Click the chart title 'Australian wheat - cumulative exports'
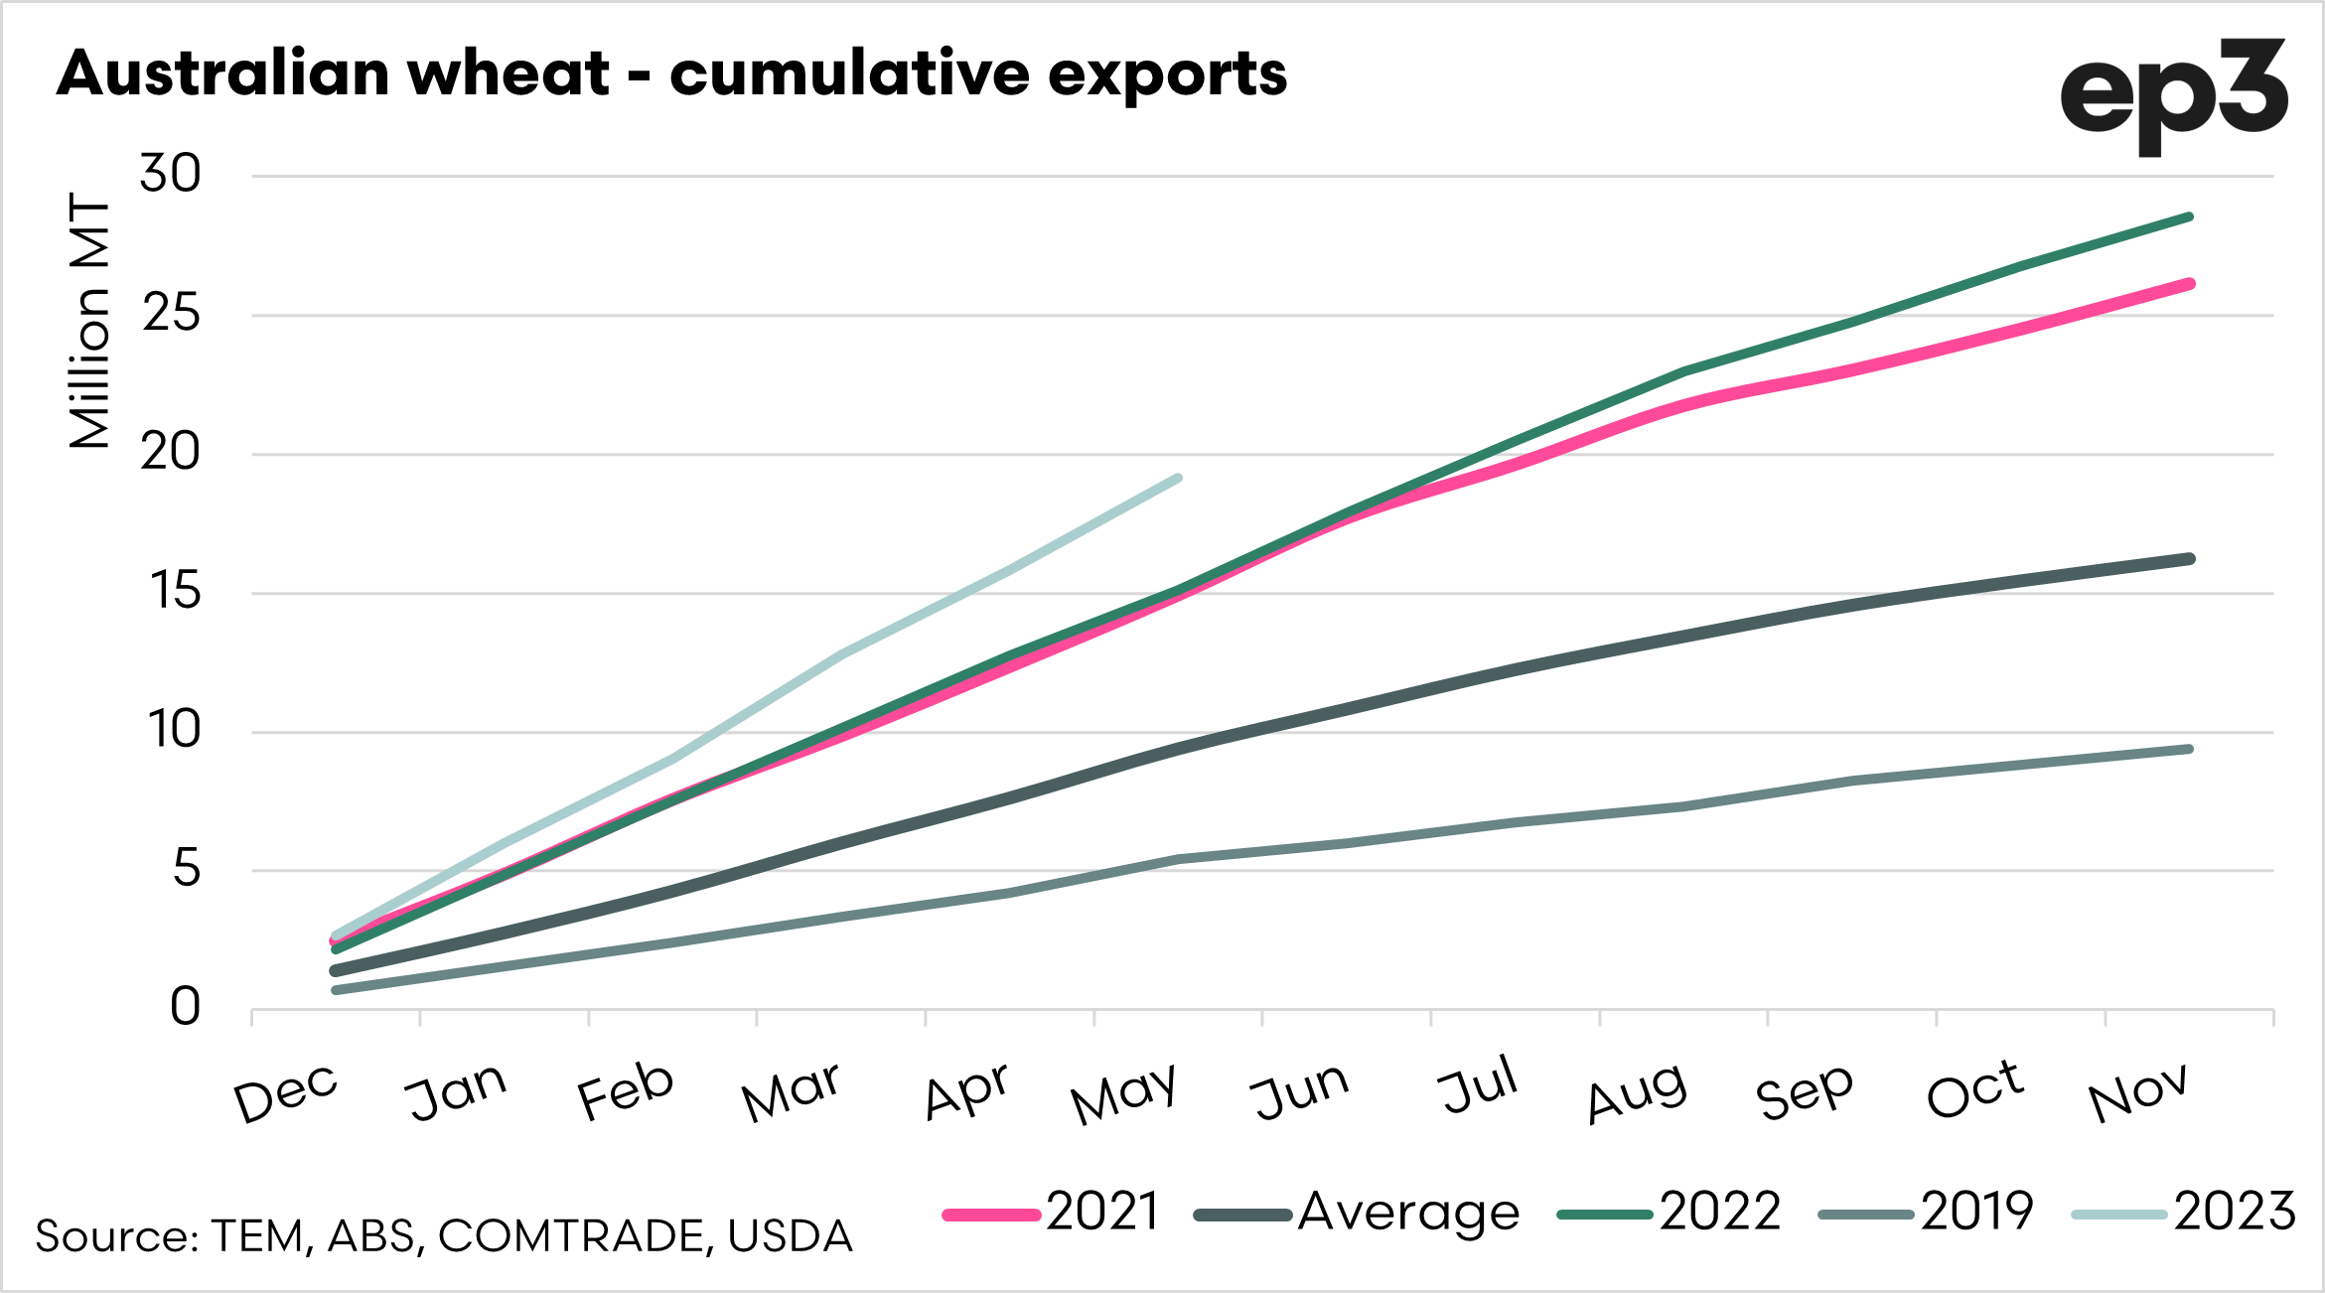(x=671, y=74)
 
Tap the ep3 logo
(x=2173, y=95)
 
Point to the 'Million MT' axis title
(x=89, y=321)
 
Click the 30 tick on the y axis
(x=170, y=175)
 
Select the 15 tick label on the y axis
(x=175, y=592)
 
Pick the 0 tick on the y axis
(x=185, y=1007)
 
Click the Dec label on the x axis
(x=286, y=1093)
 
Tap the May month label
(x=1123, y=1093)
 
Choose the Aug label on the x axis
(x=1637, y=1093)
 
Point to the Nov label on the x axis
(x=2137, y=1093)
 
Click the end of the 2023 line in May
(x=1178, y=479)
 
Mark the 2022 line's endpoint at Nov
(x=2189, y=216)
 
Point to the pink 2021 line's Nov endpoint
(x=2189, y=284)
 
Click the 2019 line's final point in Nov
(x=2189, y=749)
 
